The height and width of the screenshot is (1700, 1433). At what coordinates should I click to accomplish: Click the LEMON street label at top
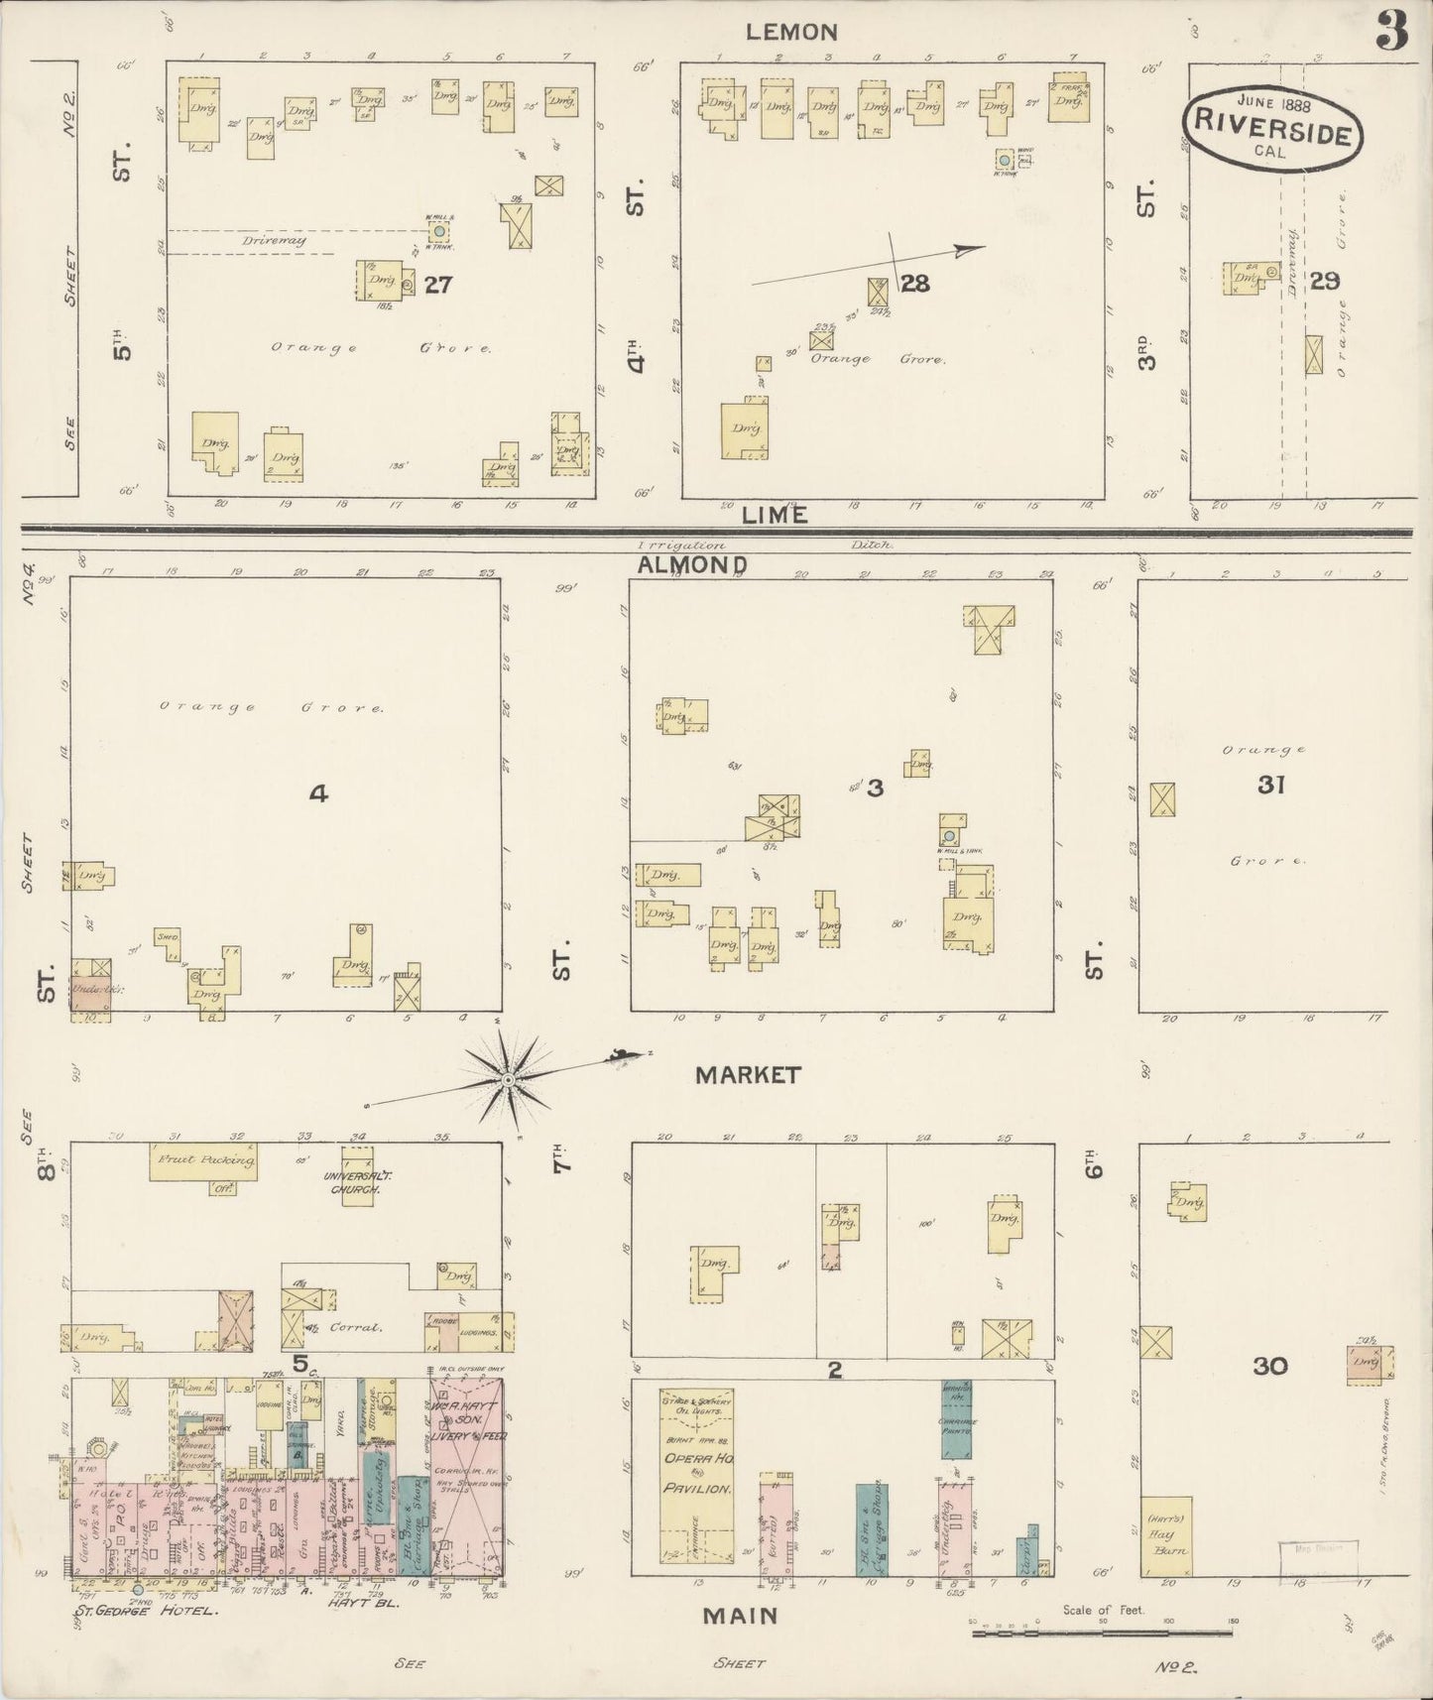point(791,32)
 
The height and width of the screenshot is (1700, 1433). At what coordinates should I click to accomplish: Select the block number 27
point(438,285)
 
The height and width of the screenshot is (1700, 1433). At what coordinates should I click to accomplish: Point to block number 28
point(915,284)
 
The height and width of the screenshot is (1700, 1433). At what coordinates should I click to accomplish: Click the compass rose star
point(508,1079)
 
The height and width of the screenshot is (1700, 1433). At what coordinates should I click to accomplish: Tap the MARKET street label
point(747,1074)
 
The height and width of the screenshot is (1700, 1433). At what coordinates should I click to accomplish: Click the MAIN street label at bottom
point(740,1616)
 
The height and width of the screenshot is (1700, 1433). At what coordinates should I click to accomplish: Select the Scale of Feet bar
point(1104,1626)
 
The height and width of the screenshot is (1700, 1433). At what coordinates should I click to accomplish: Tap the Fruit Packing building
point(203,1161)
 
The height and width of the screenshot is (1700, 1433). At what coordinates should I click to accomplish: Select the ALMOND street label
point(692,564)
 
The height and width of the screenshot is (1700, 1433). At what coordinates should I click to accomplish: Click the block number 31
point(1270,785)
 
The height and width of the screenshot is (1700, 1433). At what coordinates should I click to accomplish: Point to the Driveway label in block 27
point(274,240)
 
